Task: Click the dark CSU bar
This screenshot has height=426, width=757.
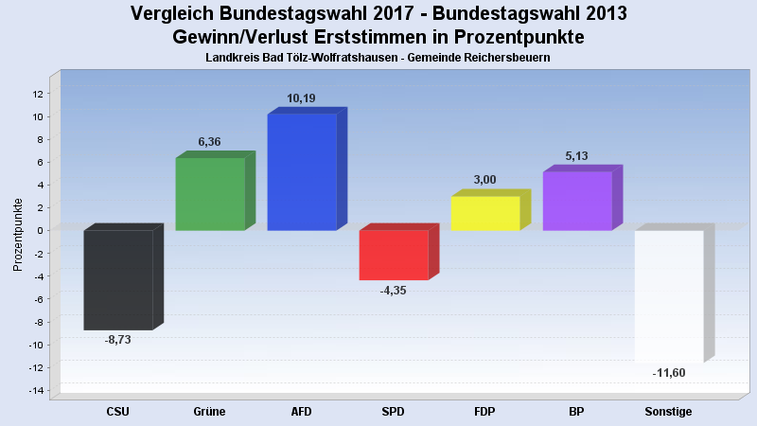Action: coord(118,279)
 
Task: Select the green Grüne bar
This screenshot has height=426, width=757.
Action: coord(210,194)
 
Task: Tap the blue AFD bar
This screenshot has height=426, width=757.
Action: coord(302,172)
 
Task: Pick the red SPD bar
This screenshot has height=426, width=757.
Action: coord(394,255)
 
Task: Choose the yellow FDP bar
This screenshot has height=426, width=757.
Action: coord(485,213)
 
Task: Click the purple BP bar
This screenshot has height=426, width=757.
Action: coord(577,201)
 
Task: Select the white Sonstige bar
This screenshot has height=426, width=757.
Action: coord(669,295)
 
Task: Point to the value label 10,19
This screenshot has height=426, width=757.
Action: coord(302,98)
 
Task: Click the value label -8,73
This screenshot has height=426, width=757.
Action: coord(117,340)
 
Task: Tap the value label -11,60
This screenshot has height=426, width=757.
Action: coord(669,373)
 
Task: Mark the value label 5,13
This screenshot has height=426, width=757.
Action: coord(577,156)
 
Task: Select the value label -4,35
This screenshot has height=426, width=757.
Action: coord(393,291)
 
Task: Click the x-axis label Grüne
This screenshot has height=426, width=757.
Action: coord(209,412)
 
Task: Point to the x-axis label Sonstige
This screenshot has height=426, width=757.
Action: coord(668,412)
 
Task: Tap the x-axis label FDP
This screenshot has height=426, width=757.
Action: coord(484,412)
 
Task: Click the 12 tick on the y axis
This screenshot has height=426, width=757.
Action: coord(38,94)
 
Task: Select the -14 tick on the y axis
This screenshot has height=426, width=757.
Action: coord(36,391)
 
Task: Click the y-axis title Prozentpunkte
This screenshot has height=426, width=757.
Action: coord(19,235)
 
